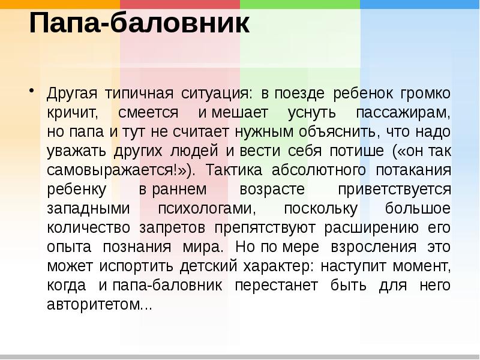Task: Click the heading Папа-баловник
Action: (x=139, y=24)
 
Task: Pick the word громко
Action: (x=427, y=94)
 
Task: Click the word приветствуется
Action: (x=394, y=190)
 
